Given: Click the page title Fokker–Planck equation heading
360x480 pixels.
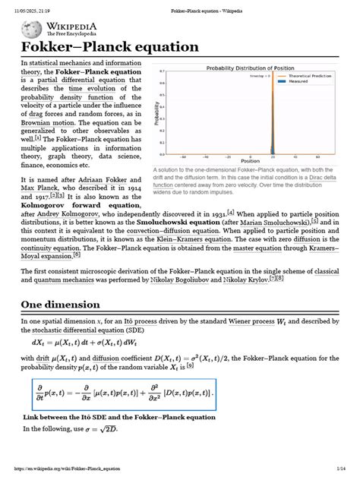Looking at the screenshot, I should (x=109, y=47).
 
